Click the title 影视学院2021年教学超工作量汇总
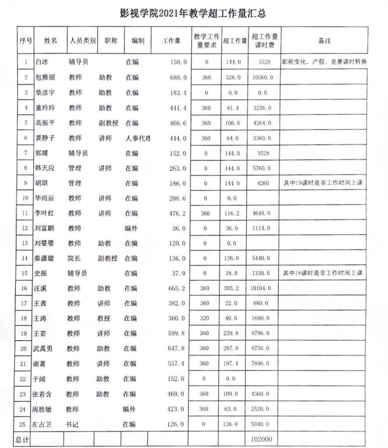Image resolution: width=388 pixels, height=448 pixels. [x=193, y=13]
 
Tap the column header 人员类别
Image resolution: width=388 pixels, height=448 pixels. [x=82, y=41]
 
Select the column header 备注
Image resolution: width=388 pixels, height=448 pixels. [x=324, y=41]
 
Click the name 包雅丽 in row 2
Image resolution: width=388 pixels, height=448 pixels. [x=45, y=77]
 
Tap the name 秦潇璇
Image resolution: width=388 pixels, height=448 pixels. [x=45, y=258]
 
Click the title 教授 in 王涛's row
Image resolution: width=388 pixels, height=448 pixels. [x=104, y=318]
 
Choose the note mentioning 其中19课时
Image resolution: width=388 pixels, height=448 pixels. [x=323, y=183]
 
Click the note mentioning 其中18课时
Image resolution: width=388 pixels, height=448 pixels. [x=323, y=273]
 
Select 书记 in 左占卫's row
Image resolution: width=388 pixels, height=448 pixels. [x=72, y=424]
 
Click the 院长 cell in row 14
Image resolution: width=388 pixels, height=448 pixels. [x=74, y=258]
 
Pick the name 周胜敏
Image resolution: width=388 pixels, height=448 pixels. [x=42, y=409]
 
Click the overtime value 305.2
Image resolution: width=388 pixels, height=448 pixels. [x=233, y=288]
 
